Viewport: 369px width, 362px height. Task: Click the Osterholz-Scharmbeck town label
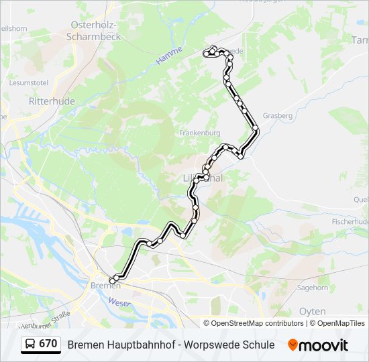tap(95, 31)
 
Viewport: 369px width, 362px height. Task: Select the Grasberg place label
tap(277, 115)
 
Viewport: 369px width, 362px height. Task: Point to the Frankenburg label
tap(199, 133)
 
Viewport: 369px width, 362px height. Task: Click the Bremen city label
tap(105, 286)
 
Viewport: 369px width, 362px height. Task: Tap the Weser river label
tap(119, 302)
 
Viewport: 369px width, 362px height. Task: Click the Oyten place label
tap(312, 312)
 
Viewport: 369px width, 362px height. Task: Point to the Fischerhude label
tap(350, 221)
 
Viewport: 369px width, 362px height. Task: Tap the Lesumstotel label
tap(29, 83)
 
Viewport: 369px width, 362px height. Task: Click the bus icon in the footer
tap(30, 345)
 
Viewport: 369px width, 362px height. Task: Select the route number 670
tap(48, 344)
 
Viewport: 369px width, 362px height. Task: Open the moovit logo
tap(318, 345)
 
